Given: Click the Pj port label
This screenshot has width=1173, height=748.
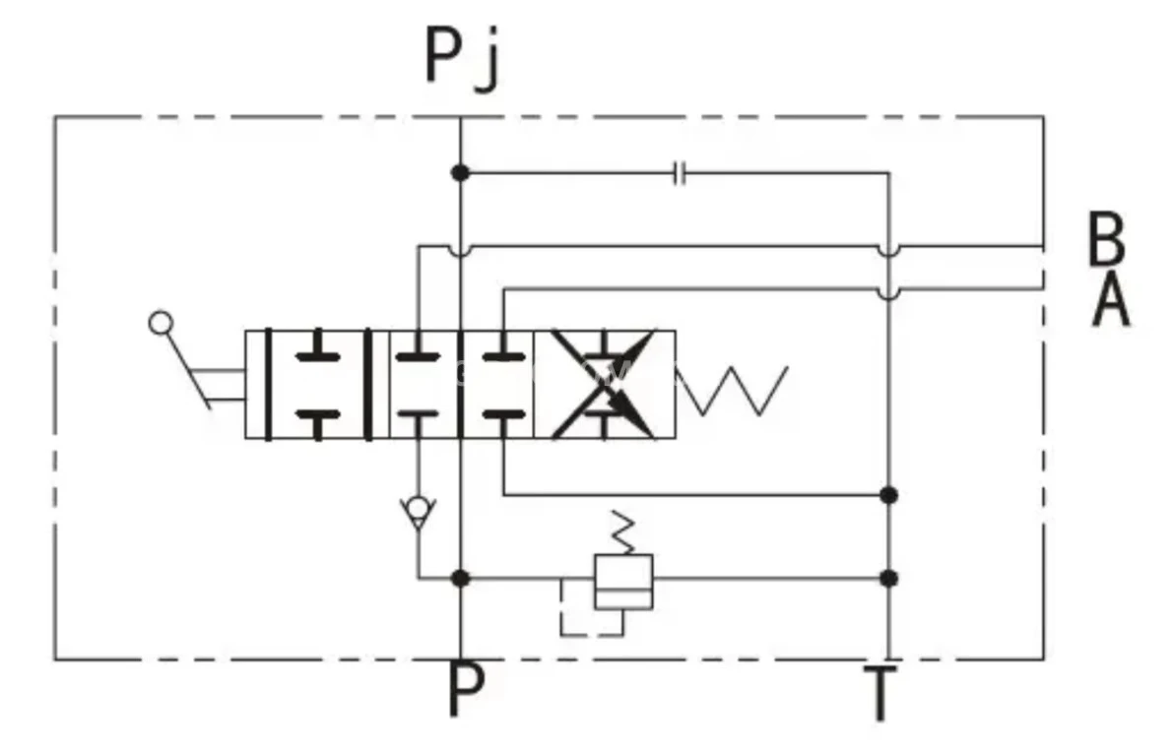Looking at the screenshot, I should [x=463, y=57].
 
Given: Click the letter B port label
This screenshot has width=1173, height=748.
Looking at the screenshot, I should [x=1107, y=239].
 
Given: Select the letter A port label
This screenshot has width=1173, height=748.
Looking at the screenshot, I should [x=1111, y=300].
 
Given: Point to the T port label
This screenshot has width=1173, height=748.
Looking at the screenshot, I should [x=880, y=694].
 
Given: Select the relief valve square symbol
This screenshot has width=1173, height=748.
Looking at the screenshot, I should [x=623, y=582].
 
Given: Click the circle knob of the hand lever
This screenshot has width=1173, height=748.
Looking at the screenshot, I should [x=159, y=323].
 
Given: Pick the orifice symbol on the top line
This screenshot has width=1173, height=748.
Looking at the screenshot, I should [x=680, y=174].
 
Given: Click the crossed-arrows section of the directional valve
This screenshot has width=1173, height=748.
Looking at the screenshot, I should [x=604, y=384].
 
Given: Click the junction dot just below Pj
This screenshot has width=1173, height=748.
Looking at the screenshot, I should [x=460, y=173].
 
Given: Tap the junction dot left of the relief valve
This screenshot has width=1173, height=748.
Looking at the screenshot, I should [x=460, y=578].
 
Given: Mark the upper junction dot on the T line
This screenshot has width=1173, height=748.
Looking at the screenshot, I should [x=888, y=494].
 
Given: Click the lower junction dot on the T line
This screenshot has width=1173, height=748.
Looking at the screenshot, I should [x=888, y=578].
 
